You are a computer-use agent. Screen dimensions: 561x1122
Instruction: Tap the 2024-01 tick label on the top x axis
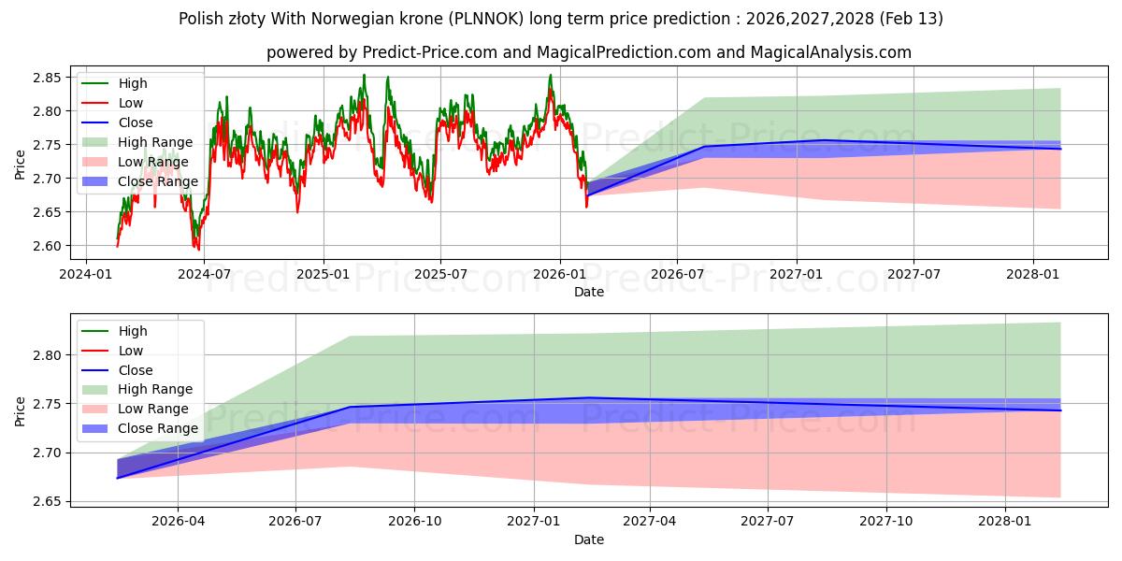pyautogui.click(x=87, y=274)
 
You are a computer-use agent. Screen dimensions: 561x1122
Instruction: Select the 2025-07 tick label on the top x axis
pyautogui.click(x=439, y=274)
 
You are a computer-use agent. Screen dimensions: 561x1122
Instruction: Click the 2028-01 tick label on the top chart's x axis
pyautogui.click(x=1032, y=274)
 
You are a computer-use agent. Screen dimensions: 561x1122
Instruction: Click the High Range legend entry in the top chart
pyautogui.click(x=155, y=142)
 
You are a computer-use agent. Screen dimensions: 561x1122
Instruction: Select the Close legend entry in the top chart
pyautogui.click(x=136, y=122)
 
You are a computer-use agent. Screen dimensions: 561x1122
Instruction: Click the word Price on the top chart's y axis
pyautogui.click(x=20, y=163)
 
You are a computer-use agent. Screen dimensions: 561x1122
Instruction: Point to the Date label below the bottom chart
pyautogui.click(x=588, y=539)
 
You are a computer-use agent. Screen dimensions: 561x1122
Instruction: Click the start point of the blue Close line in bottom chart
pyautogui.click(x=117, y=478)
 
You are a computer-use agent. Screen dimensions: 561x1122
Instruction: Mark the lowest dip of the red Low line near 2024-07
pyautogui.click(x=197, y=250)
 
